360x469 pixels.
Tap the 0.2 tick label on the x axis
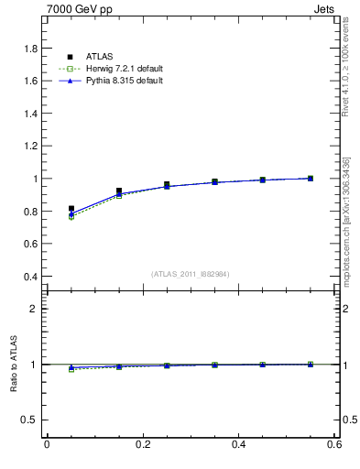142,445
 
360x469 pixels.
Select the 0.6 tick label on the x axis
334,445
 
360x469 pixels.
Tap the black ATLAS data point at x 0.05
71,209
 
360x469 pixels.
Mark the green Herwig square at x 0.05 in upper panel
71,217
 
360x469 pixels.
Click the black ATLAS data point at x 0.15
119,191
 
